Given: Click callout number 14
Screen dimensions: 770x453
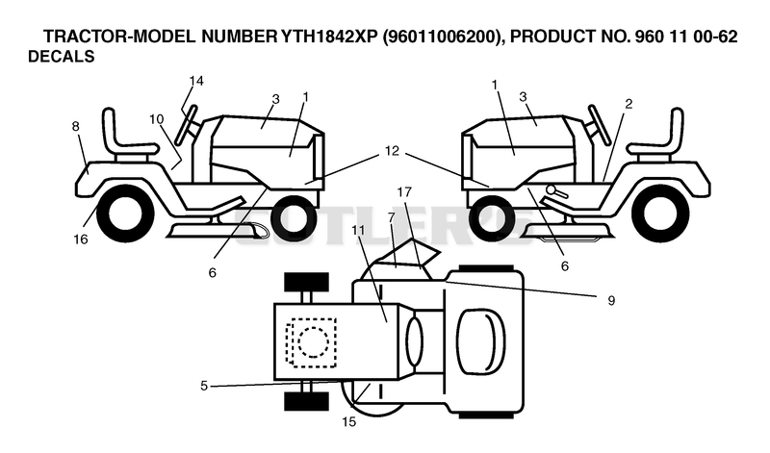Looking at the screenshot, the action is pyautogui.click(x=196, y=81).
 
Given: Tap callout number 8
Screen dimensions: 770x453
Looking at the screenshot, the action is pyautogui.click(x=75, y=127).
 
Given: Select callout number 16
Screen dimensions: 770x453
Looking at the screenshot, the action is pyautogui.click(x=81, y=239).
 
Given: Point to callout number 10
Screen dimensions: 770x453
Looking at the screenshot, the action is pyautogui.click(x=157, y=119).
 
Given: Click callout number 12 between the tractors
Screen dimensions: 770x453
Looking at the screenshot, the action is pyautogui.click(x=392, y=151).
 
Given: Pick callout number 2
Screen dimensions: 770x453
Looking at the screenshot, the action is pyautogui.click(x=629, y=104).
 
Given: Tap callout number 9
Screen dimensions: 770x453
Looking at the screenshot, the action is pyautogui.click(x=611, y=300).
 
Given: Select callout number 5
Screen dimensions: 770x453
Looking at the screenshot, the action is pyautogui.click(x=204, y=386).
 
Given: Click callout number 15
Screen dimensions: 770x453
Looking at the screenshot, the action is pyautogui.click(x=349, y=421).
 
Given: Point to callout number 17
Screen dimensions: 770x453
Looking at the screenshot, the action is pyautogui.click(x=404, y=192).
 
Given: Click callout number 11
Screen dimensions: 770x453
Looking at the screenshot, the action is pyautogui.click(x=358, y=229).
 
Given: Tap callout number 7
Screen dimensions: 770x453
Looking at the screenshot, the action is pyautogui.click(x=391, y=216).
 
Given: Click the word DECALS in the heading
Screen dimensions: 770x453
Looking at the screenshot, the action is pyautogui.click(x=61, y=57).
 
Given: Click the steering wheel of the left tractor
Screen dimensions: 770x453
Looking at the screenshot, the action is pyautogui.click(x=186, y=125).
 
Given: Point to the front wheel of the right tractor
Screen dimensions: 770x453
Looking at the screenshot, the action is pyautogui.click(x=493, y=216).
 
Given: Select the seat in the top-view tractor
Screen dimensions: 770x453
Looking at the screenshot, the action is pyautogui.click(x=479, y=341).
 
